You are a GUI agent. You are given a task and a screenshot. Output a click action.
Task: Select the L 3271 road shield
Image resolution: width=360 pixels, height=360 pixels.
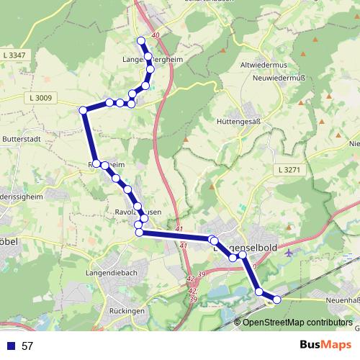coord(287,169)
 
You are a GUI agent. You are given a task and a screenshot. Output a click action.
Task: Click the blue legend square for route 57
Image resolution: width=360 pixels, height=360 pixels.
coord(10,346)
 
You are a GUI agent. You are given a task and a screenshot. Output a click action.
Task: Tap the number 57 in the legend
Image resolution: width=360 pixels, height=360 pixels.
coord(27,346)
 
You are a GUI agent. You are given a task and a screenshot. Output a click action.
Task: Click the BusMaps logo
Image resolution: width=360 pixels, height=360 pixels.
coord(323,345)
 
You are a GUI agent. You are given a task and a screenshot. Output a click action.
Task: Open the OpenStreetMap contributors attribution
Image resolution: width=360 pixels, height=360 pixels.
coord(297,323)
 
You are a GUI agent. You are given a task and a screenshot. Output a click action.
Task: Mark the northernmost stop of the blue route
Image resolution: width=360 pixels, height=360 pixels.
coord(141,40)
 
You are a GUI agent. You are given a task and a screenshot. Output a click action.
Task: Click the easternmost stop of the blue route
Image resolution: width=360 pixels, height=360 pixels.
coord(276,300)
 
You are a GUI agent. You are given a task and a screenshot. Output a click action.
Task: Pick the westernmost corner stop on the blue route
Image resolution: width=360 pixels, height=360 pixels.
coord(83,109)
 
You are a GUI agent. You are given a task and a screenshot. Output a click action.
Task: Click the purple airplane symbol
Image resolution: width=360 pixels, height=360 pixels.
coord(289,253)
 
